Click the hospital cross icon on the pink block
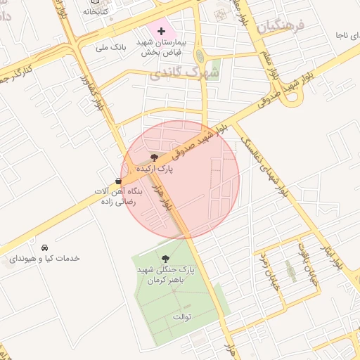162,31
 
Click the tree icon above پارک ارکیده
155,157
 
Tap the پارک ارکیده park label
155,169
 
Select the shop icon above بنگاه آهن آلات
117,180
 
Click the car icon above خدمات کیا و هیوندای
45,247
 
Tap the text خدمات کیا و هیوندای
44,259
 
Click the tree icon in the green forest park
166,259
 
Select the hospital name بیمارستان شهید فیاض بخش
162,47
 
